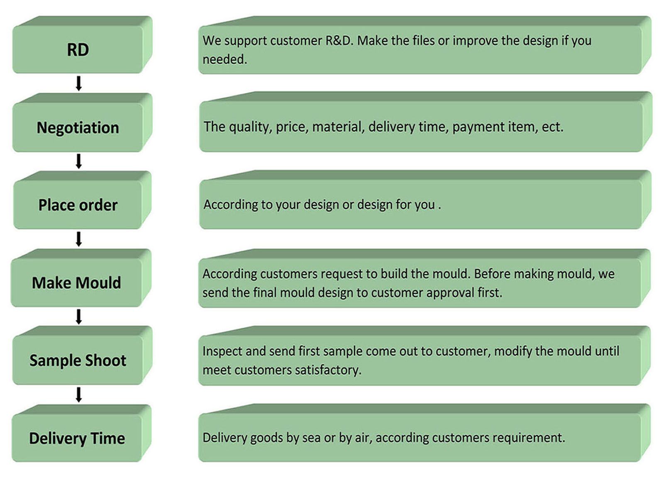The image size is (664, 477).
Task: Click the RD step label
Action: click(78, 49)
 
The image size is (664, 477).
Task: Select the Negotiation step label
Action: click(78, 128)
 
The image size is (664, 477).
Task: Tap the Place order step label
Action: click(78, 205)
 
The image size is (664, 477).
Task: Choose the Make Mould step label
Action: click(76, 282)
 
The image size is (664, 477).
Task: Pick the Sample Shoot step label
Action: click(78, 360)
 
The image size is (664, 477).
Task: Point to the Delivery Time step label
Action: click(77, 438)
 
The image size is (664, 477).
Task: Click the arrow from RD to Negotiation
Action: click(78, 83)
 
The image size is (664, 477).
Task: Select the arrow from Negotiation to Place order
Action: click(78, 161)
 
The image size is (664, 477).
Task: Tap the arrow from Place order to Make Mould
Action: click(78, 239)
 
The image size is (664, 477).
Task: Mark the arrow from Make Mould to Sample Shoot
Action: click(78, 317)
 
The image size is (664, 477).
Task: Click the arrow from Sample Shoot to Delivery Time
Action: click(78, 394)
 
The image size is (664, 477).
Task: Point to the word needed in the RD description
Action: click(225, 59)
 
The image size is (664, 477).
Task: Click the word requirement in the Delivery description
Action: click(529, 438)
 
